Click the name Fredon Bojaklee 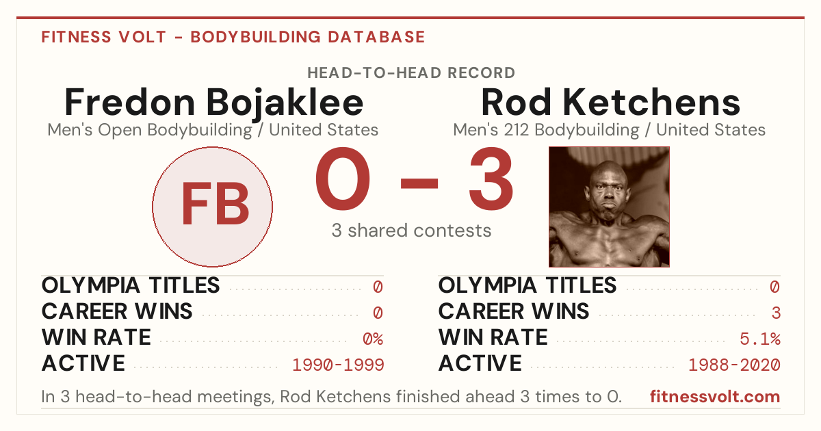(213, 103)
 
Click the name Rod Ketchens (610, 102)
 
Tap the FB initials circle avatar (213, 207)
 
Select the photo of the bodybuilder (609, 207)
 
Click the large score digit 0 (343, 179)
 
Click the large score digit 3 (491, 179)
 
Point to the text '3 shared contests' (411, 231)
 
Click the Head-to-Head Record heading (411, 73)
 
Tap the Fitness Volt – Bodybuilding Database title (233, 37)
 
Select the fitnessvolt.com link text (715, 397)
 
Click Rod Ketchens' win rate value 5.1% (760, 339)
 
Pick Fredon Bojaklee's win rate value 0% (373, 339)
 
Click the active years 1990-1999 (338, 365)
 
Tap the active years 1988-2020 (735, 365)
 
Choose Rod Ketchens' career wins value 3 (776, 313)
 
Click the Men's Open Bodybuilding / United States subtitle (213, 130)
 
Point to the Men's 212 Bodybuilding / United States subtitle (609, 130)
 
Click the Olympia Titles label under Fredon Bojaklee (131, 285)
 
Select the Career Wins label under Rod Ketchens (514, 311)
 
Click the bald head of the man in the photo (608, 170)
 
